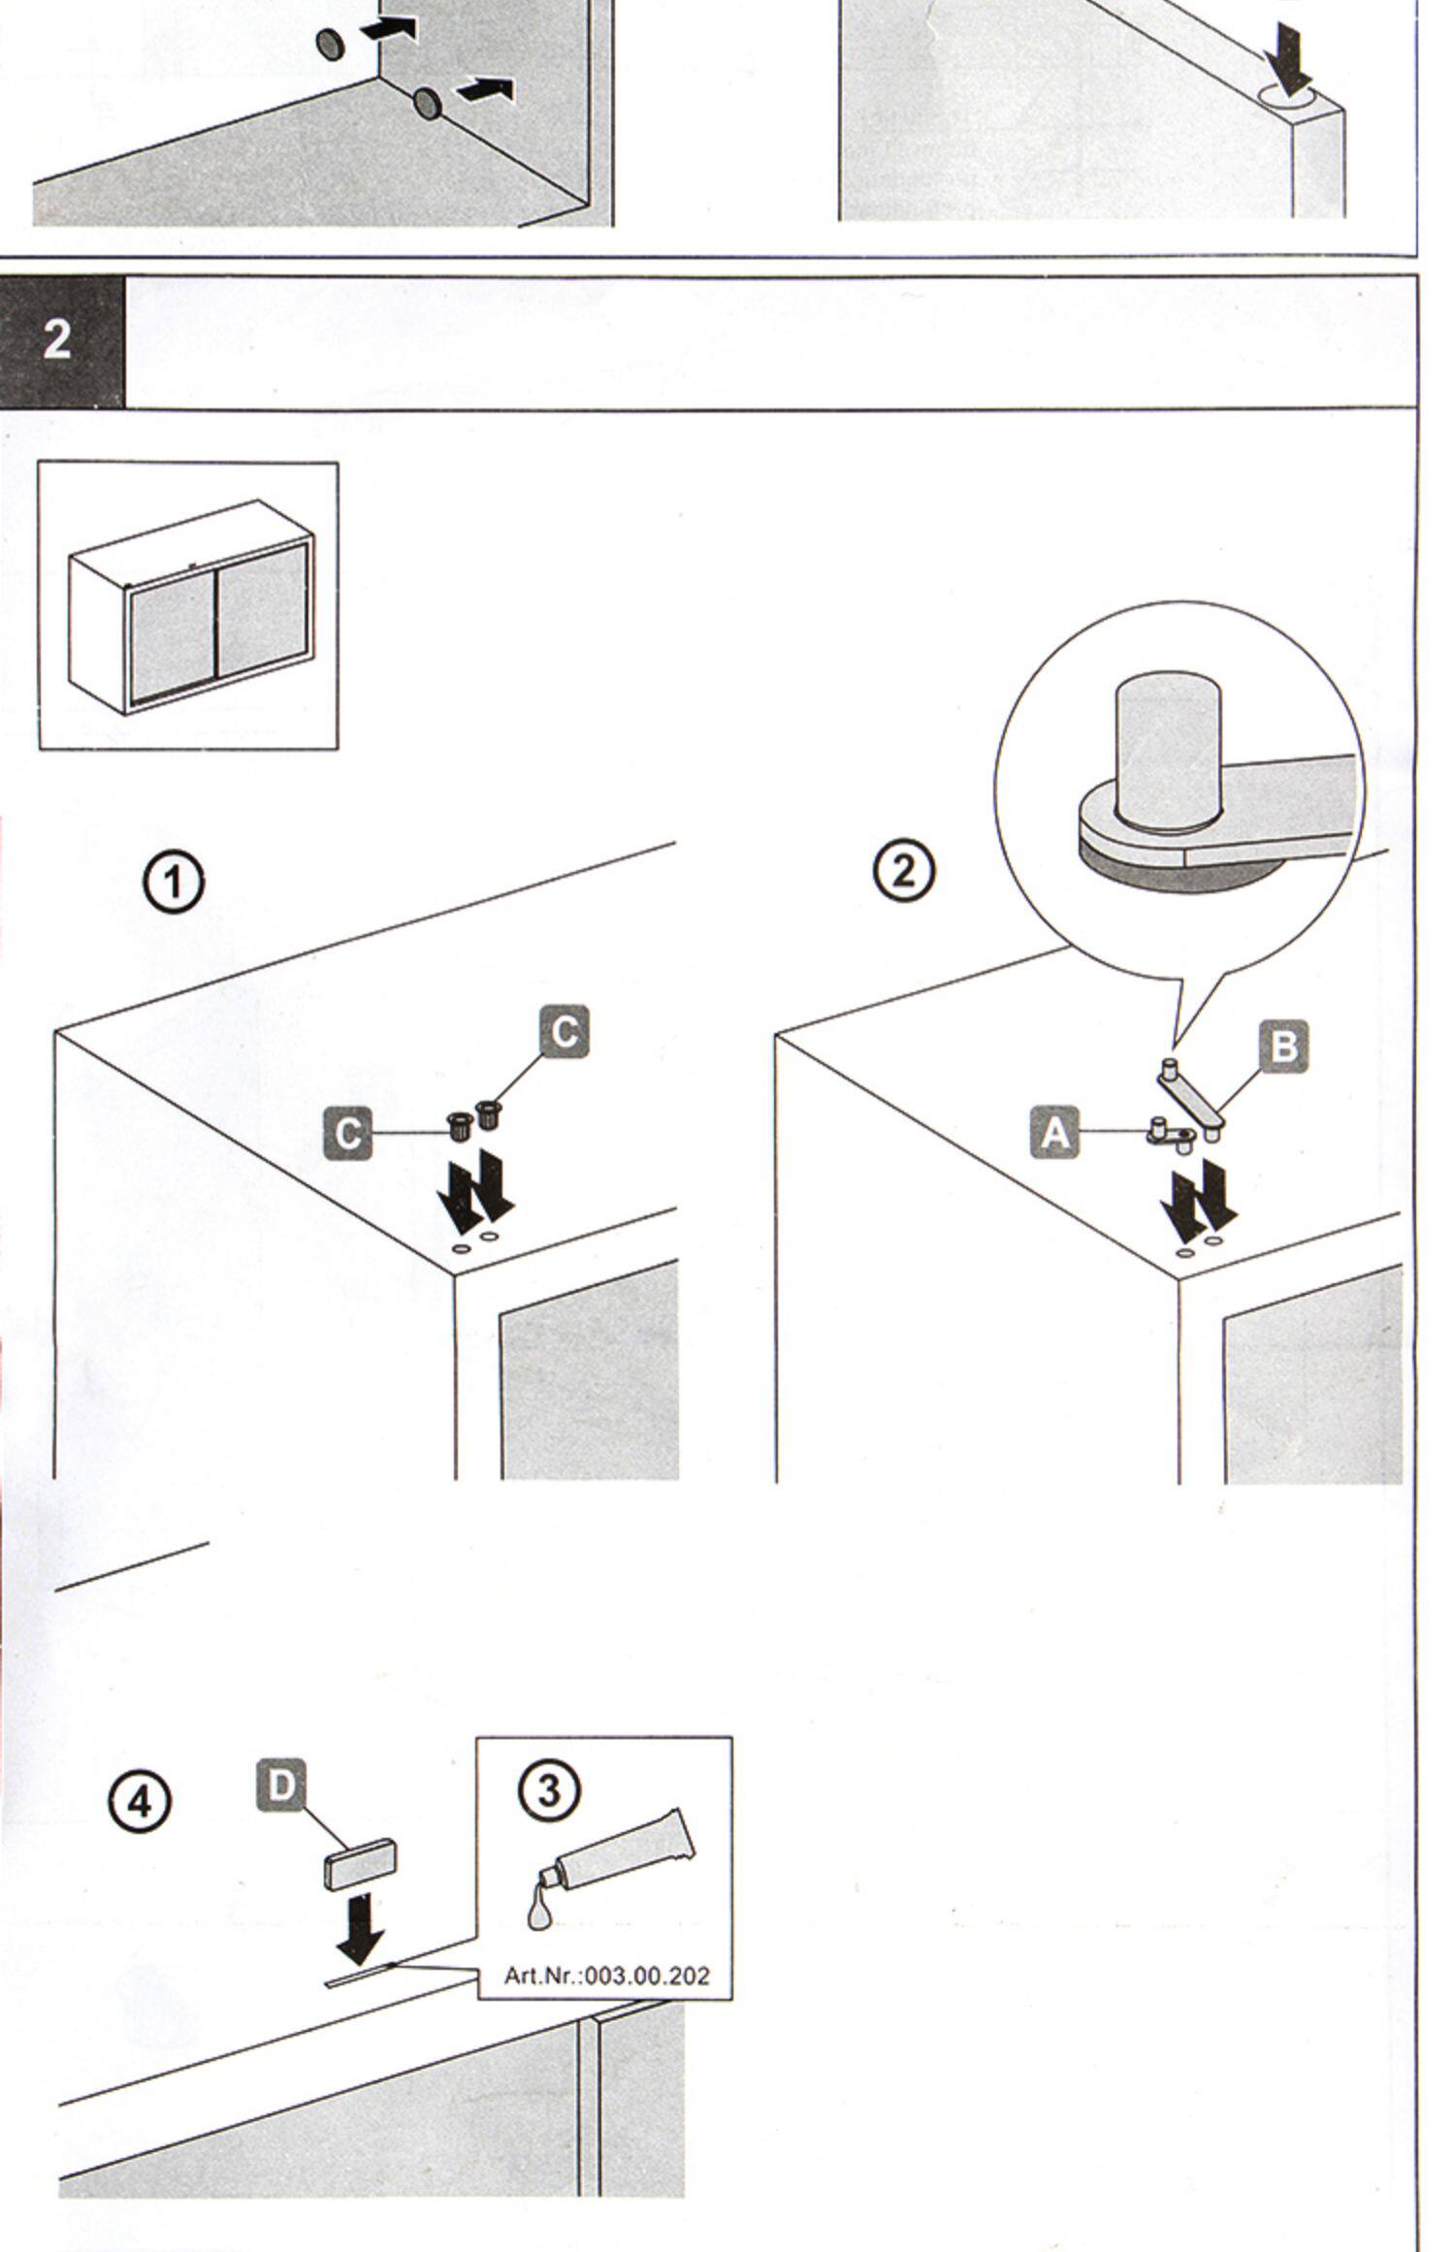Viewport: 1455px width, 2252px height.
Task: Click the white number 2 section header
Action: [x=57, y=340]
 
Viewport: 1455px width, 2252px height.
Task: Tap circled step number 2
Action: [x=903, y=870]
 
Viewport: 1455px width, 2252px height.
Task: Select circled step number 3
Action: [x=550, y=1791]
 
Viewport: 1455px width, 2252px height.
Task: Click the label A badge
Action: [x=1055, y=1133]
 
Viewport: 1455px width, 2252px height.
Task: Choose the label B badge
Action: [x=1283, y=1047]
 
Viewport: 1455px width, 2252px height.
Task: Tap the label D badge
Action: [x=281, y=1786]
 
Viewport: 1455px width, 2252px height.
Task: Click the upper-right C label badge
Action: [x=565, y=1031]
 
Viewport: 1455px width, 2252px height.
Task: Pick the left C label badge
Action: [x=348, y=1133]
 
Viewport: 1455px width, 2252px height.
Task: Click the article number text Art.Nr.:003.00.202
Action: [x=606, y=1977]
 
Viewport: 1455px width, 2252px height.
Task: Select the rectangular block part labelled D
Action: [x=360, y=1865]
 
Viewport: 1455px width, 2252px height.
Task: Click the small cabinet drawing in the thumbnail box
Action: [x=191, y=609]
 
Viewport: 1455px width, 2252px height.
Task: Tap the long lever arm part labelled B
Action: [x=1192, y=1097]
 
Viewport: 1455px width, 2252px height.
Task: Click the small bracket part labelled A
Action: [x=1171, y=1134]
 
